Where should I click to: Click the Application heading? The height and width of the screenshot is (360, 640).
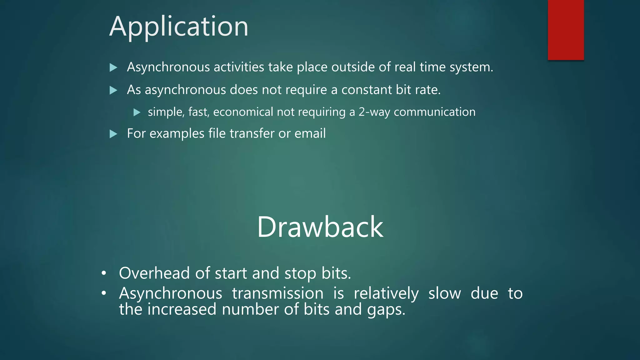[x=179, y=27]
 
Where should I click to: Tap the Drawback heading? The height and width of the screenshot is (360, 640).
[x=320, y=227]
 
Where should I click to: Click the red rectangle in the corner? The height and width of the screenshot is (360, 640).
[x=566, y=30]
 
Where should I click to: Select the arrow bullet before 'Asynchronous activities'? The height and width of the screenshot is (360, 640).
[x=113, y=67]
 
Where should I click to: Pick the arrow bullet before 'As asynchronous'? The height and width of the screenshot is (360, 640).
[x=113, y=90]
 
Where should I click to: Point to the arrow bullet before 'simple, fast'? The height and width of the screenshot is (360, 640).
[x=137, y=112]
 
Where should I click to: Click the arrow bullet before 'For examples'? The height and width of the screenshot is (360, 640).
[x=113, y=134]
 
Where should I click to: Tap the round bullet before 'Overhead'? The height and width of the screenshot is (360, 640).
[x=104, y=273]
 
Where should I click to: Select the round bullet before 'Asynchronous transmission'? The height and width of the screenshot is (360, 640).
[x=104, y=293]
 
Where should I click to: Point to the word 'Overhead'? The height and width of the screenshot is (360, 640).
[x=154, y=273]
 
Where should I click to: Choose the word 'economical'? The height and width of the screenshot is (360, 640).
[x=243, y=112]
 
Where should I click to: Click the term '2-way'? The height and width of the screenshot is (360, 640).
[x=374, y=112]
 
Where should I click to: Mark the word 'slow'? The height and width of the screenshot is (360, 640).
[x=444, y=293]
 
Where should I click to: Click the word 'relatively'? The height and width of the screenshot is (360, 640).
[x=386, y=293]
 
